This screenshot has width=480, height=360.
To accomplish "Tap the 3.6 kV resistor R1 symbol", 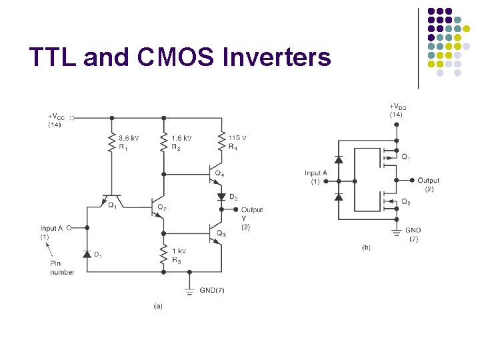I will point(111,141).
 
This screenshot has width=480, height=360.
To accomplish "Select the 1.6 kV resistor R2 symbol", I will point(163,141).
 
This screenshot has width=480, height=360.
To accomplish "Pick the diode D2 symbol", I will point(221,197).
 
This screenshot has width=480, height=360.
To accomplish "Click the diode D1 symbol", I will point(87,254).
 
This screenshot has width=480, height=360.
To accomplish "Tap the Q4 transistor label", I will point(219,173).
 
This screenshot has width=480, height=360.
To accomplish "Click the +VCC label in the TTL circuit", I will point(57,117).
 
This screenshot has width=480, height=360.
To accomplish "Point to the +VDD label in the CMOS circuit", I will point(397,107).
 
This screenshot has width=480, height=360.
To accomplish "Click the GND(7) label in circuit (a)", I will point(212,290).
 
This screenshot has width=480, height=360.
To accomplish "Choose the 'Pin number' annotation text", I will point(61,267).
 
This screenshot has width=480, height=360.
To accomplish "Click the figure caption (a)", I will point(157,306).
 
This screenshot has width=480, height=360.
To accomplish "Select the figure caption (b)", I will point(366,247).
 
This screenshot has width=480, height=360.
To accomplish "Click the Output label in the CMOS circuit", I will point(429,180).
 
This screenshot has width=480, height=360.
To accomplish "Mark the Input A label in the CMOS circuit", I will point(316,173).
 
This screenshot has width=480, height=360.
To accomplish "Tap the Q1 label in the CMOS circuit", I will point(405,157).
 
